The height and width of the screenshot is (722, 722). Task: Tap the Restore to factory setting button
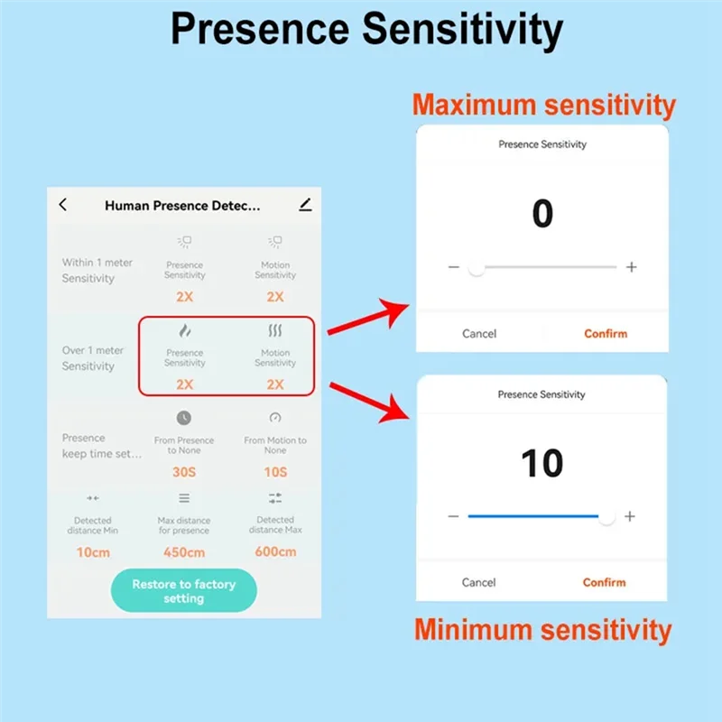point(184,590)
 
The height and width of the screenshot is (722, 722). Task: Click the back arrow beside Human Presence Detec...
point(63,205)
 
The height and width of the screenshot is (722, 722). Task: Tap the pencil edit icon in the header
point(305,205)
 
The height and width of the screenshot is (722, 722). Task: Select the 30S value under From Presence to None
point(184,472)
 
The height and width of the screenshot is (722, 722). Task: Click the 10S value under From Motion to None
point(275,472)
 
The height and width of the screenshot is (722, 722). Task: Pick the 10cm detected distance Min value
point(93,552)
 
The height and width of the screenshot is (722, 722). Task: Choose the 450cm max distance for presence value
point(184,552)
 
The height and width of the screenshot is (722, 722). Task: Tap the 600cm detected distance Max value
point(275,551)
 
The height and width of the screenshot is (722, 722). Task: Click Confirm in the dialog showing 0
point(606,333)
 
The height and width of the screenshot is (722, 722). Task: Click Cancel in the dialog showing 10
point(479,582)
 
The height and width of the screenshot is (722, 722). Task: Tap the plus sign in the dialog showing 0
point(631,267)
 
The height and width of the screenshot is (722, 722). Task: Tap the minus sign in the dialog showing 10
point(453,516)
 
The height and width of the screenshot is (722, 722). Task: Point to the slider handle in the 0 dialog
point(477,267)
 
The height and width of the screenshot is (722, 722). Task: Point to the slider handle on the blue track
point(606,517)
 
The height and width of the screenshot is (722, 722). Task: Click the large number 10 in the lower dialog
point(542,463)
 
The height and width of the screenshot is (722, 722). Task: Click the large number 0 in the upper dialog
point(542,214)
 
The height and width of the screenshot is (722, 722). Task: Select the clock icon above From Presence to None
point(184,418)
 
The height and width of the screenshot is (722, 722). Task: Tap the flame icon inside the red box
point(185,330)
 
